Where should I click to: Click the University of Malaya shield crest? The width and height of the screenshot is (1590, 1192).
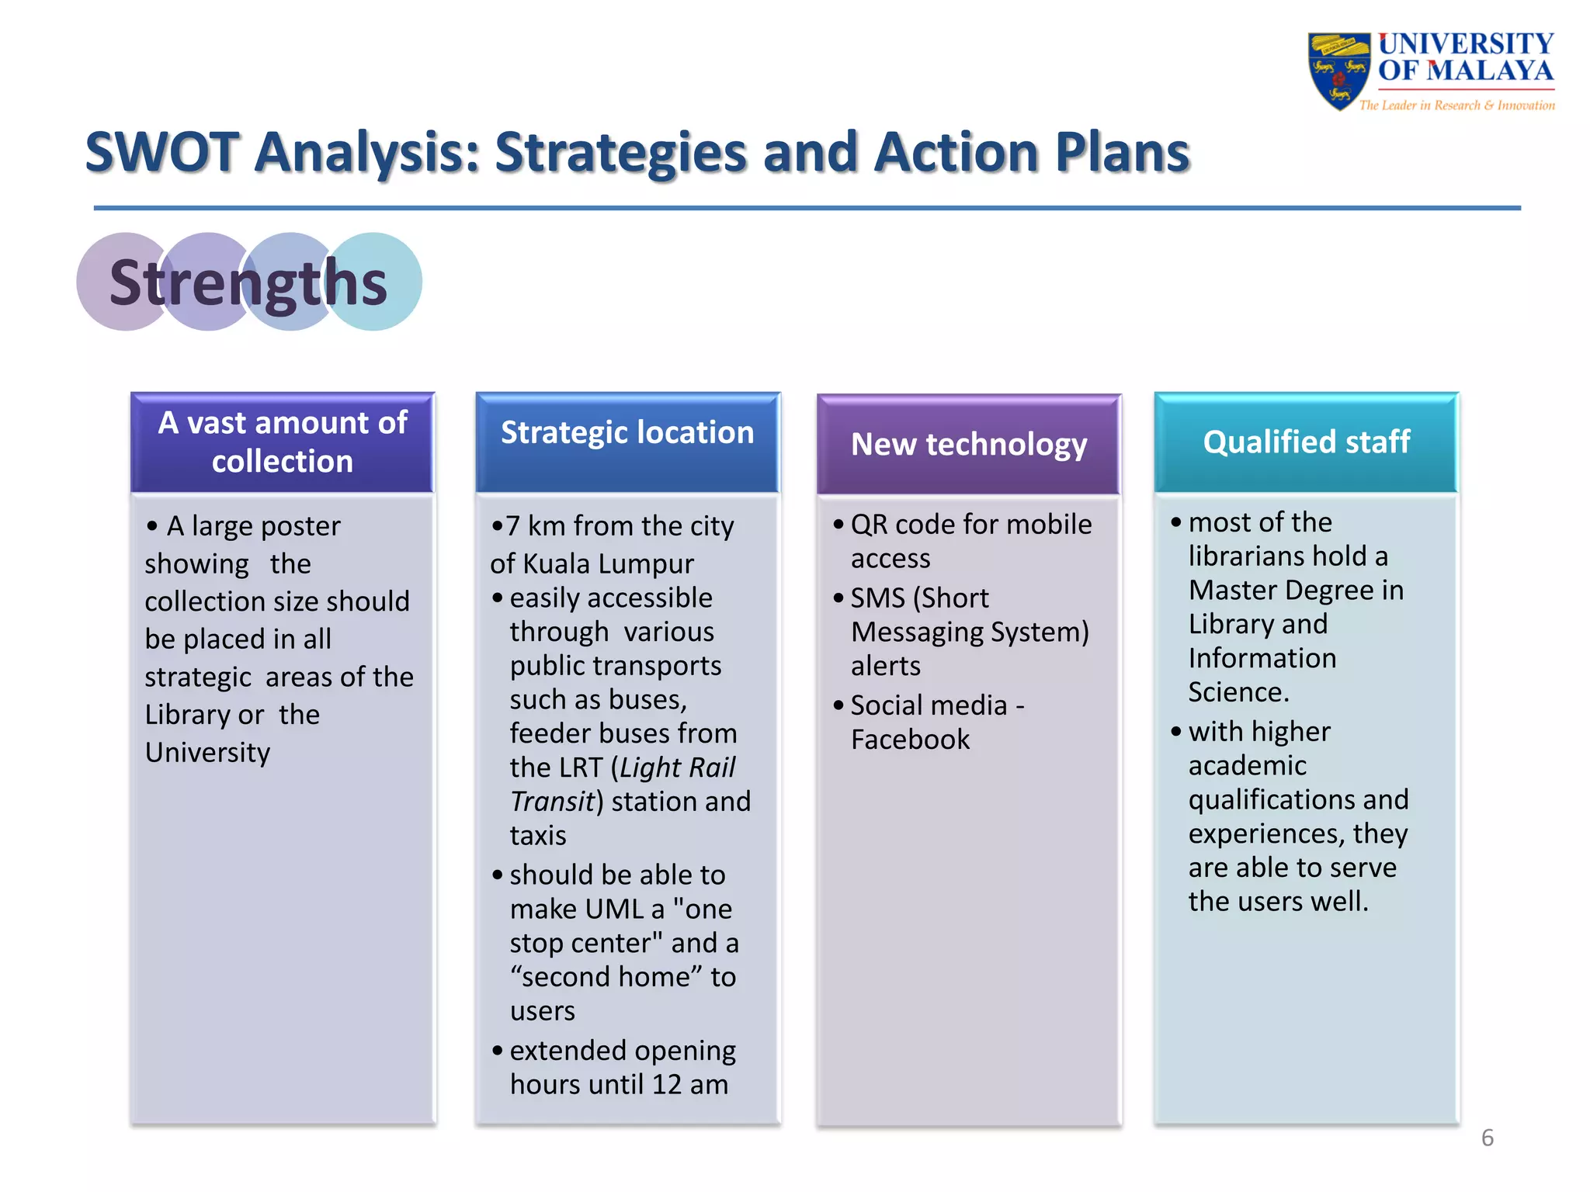coord(1338,70)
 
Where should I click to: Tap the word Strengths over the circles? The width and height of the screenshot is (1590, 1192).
coord(248,282)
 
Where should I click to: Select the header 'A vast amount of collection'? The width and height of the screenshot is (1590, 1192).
coord(283,442)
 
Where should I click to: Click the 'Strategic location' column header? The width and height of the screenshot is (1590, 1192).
coord(627,433)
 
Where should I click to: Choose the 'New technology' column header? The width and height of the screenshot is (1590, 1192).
coord(969,445)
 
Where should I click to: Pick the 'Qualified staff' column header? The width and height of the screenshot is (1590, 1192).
coord(1306,442)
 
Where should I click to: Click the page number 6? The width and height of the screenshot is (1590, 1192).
coord(1487,1138)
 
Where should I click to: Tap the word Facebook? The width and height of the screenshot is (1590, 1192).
coord(910,740)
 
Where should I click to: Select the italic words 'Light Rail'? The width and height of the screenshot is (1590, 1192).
coord(677,768)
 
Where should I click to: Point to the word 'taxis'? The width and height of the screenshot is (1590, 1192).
coord(538,836)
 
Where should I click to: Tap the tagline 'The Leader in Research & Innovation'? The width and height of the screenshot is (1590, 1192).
coord(1456,106)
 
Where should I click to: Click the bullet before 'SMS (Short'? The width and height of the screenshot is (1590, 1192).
coord(838,598)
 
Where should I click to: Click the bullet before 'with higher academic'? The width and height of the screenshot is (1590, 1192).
coord(1176,732)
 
